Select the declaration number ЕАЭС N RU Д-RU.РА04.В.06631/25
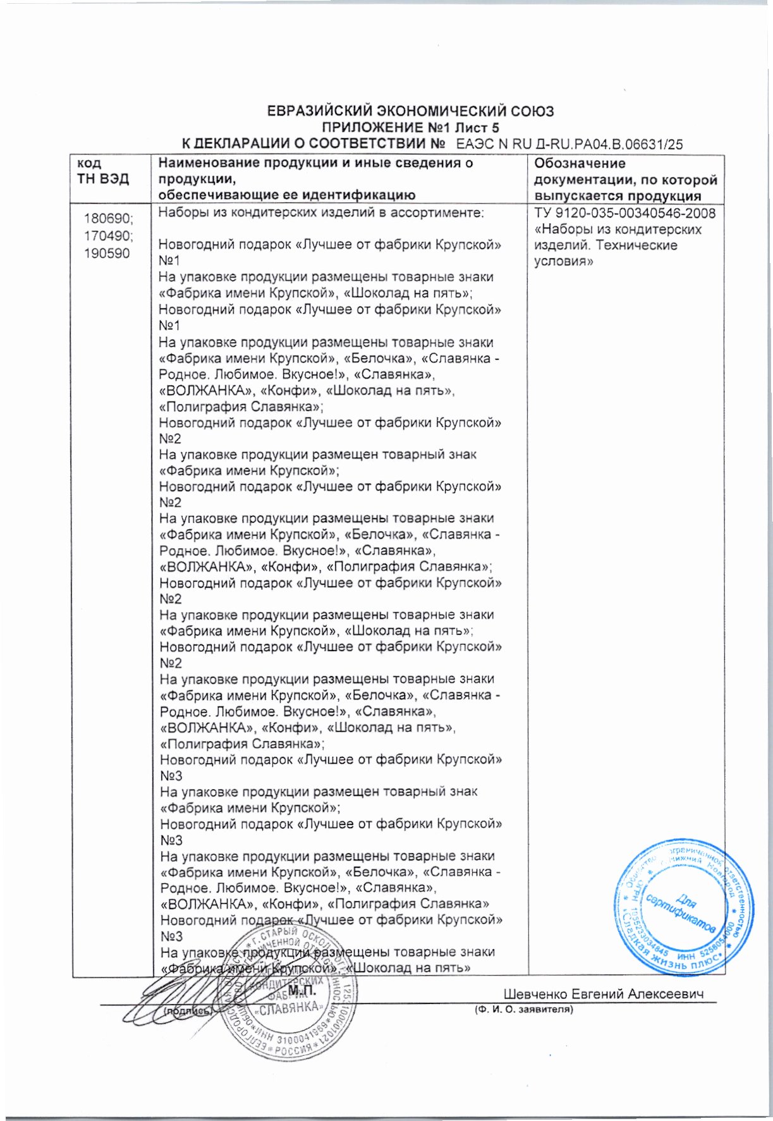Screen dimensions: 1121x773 [x=569, y=144]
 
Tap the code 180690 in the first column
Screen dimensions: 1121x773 [x=109, y=219]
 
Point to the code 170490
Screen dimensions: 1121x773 [x=109, y=236]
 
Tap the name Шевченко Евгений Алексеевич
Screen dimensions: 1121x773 [x=604, y=994]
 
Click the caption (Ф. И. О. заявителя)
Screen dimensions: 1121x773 [x=524, y=1010]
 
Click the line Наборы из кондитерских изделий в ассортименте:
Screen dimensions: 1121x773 [x=321, y=213]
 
